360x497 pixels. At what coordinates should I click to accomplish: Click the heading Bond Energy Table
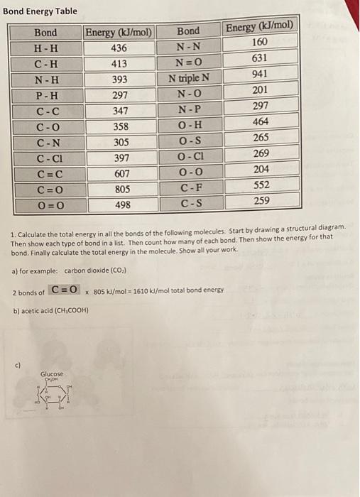coord(40,11)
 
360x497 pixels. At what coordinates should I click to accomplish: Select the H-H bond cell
coord(47,48)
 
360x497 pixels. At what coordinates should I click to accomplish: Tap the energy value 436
coord(119,48)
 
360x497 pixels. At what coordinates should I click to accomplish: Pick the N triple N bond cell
coord(188,76)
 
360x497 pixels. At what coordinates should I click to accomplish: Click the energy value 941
coord(260,75)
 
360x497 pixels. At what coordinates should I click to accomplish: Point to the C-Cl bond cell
coord(47,158)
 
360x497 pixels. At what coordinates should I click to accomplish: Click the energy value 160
coord(260,43)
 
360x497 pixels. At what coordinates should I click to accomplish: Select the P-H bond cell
coord(47,96)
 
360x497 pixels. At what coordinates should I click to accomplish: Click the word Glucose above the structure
coord(52,373)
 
